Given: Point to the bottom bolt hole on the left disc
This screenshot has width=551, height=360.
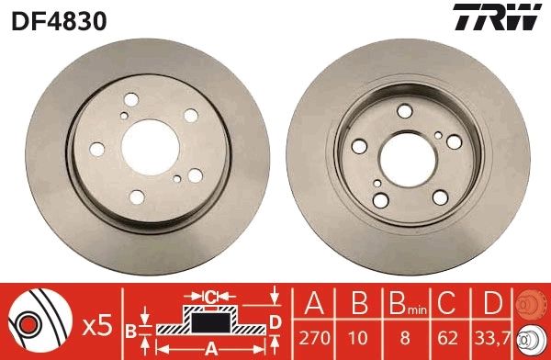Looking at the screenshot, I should pyautogui.click(x=136, y=197).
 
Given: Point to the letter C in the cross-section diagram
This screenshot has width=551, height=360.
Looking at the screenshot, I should pyautogui.click(x=210, y=297).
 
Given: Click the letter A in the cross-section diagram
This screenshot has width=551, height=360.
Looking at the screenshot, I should pyautogui.click(x=210, y=348).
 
